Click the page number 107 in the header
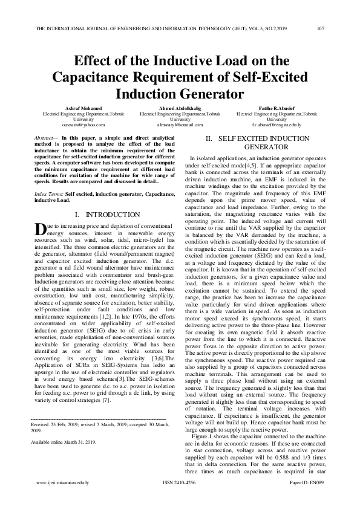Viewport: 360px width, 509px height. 321,29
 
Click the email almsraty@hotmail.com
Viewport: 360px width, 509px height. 180,125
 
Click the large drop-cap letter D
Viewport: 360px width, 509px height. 40,229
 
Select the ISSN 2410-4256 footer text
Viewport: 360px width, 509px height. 180,500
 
